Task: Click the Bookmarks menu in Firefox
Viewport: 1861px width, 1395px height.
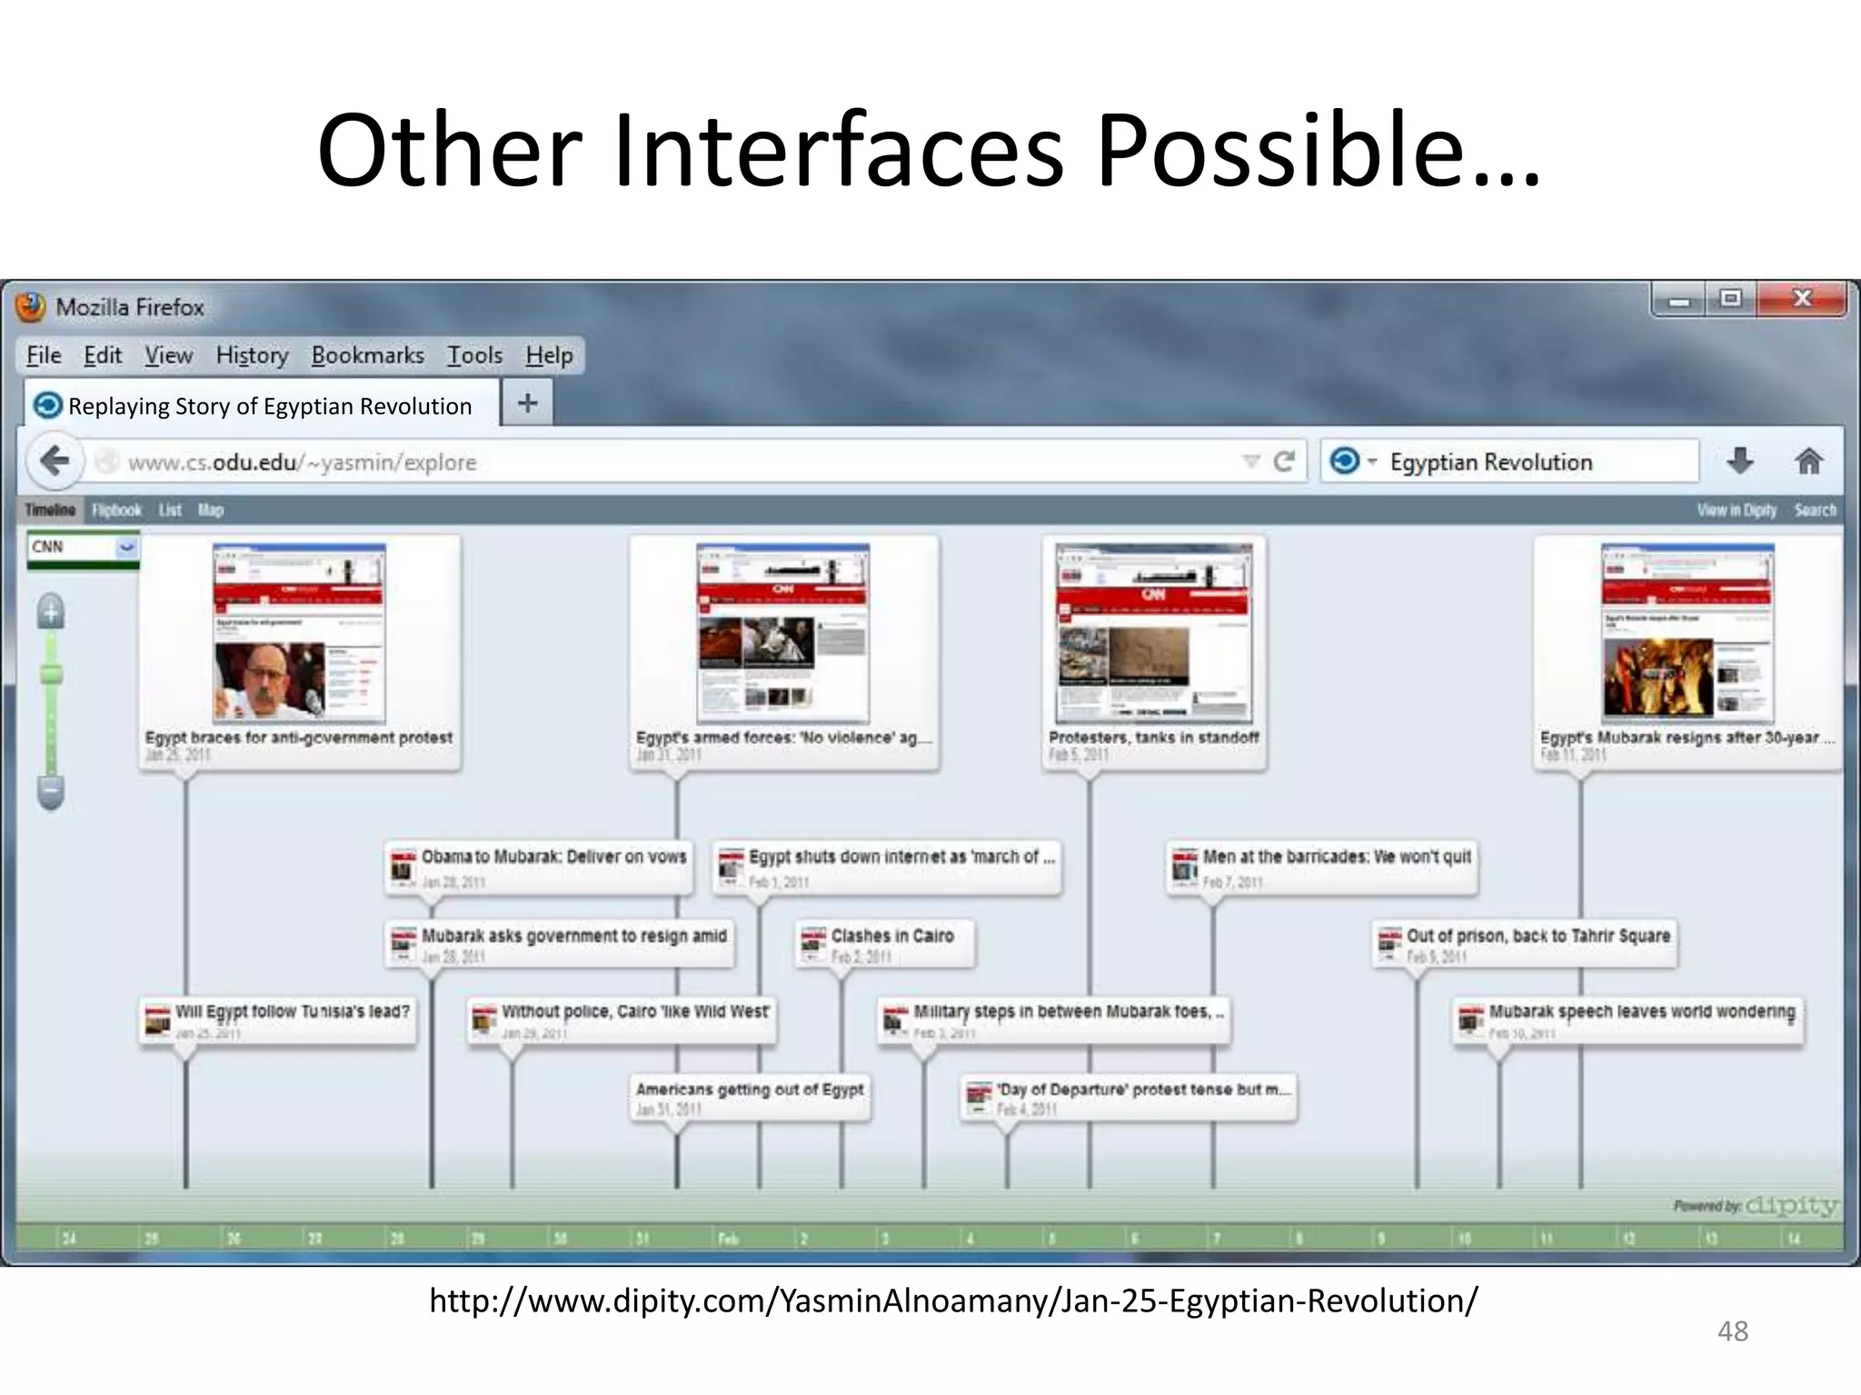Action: click(x=367, y=355)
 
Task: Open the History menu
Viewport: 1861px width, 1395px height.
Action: click(x=252, y=355)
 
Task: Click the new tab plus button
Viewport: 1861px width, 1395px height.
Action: click(x=527, y=403)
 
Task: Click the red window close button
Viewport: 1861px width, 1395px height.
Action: click(x=1801, y=300)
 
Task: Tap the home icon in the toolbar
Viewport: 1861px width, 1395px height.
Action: click(x=1808, y=462)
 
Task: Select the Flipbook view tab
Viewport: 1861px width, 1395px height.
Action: click(x=116, y=510)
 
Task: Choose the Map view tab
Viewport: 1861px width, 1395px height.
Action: click(x=211, y=510)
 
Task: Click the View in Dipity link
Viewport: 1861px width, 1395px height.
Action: click(x=1736, y=510)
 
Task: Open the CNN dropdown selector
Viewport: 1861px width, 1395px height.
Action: click(x=126, y=547)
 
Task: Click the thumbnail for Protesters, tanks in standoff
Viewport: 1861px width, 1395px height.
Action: click(x=1153, y=633)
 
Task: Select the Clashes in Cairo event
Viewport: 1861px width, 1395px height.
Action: click(x=891, y=936)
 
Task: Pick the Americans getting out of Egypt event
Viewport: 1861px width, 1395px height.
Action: click(x=749, y=1090)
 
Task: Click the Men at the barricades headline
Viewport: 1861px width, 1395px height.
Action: click(x=1336, y=857)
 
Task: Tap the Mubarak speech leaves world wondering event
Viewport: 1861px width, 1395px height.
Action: click(x=1641, y=1012)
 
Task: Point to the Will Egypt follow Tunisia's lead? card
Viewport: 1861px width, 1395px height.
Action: click(x=291, y=1012)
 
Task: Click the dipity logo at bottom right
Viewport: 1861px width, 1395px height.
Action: click(x=1791, y=1206)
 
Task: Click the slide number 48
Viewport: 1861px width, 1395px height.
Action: click(x=1732, y=1331)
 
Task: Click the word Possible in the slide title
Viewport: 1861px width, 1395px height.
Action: click(x=1318, y=150)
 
